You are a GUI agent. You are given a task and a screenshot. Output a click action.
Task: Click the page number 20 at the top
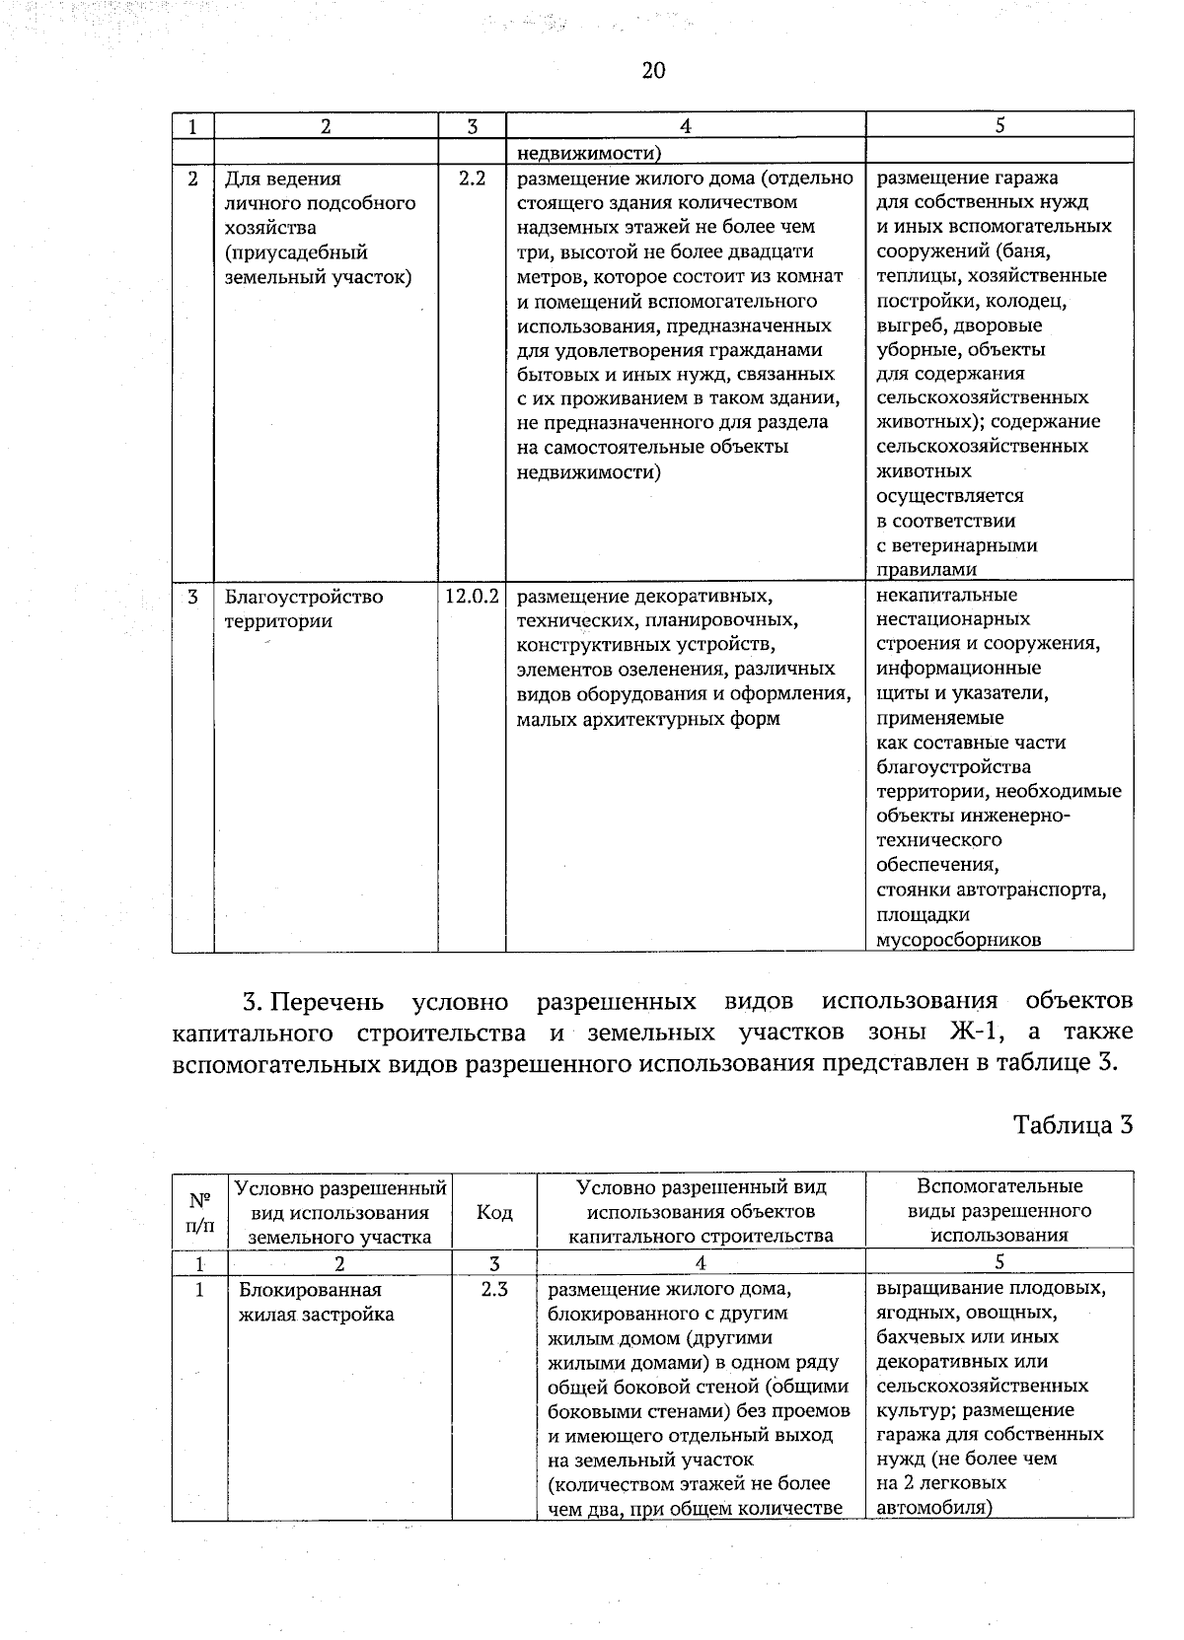tap(653, 70)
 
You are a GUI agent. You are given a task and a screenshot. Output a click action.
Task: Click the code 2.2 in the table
tap(473, 179)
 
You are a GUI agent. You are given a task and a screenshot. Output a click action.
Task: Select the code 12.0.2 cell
tap(473, 597)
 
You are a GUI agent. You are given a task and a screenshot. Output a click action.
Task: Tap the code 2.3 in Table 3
tap(494, 1289)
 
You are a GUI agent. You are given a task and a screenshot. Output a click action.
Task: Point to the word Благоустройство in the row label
tap(304, 598)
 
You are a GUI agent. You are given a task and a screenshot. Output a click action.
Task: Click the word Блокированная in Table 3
tap(310, 1290)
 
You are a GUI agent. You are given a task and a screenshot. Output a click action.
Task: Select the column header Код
tap(494, 1212)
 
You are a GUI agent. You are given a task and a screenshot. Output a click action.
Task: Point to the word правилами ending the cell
tap(926, 569)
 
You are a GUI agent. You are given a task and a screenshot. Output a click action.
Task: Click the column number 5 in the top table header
tap(999, 126)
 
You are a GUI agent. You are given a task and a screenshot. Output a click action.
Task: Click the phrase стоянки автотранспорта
tap(991, 891)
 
